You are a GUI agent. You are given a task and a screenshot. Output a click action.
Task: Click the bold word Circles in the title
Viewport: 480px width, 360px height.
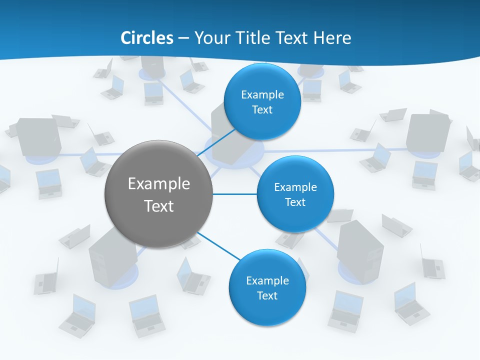[x=147, y=38]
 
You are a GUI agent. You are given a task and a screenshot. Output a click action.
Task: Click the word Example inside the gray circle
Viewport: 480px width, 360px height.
[x=159, y=183]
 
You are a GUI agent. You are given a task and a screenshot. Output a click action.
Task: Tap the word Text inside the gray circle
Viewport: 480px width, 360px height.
[x=159, y=206]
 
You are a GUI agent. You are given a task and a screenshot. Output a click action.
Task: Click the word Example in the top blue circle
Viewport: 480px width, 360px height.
[x=262, y=94]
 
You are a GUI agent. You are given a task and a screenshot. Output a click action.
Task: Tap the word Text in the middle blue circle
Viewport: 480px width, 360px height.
[x=295, y=202]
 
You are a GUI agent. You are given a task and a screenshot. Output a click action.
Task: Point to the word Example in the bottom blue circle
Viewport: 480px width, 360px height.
[x=267, y=280]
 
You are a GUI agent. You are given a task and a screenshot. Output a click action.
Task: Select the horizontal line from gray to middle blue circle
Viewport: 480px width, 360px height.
[x=235, y=194]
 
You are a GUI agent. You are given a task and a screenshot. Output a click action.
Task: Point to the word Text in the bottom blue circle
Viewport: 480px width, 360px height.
[x=267, y=295]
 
